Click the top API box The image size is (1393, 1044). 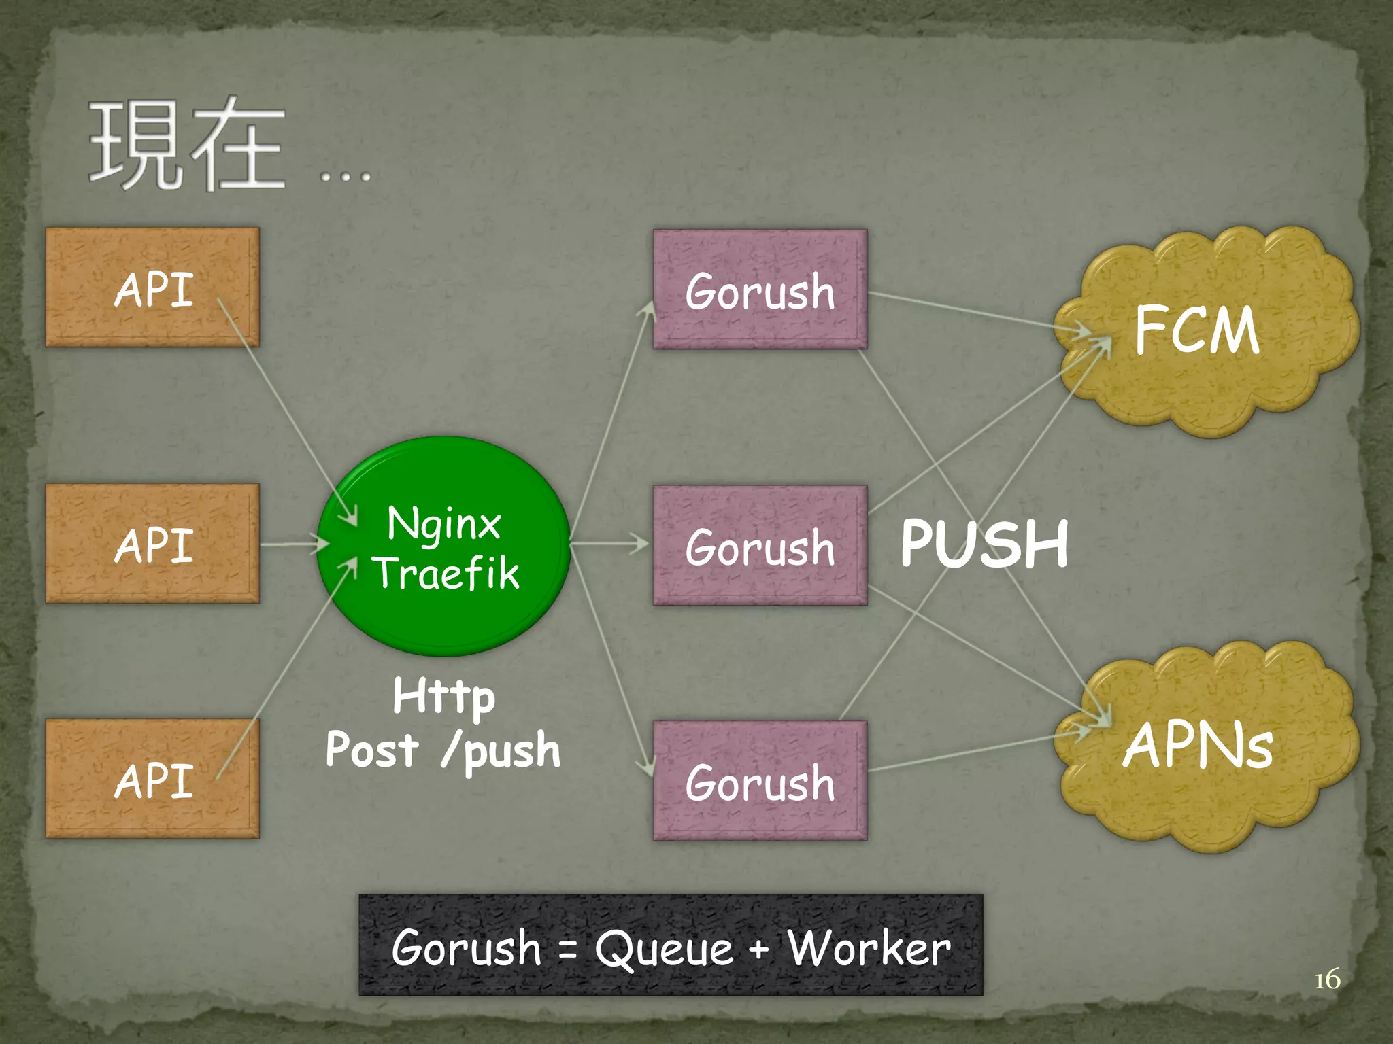click(x=152, y=288)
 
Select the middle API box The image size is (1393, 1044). click(x=152, y=544)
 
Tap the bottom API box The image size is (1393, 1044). click(x=152, y=779)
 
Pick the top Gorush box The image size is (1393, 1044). click(x=760, y=290)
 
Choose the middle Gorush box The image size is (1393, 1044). click(x=760, y=546)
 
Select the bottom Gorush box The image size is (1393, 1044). click(x=760, y=781)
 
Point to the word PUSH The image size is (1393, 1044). click(x=984, y=544)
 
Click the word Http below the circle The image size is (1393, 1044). click(x=443, y=696)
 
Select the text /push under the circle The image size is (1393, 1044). click(x=501, y=750)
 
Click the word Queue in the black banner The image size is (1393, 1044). click(x=664, y=947)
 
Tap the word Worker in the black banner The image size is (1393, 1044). click(x=869, y=947)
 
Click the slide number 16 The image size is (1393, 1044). click(x=1326, y=979)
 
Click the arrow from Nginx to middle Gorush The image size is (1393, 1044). click(x=609, y=543)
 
